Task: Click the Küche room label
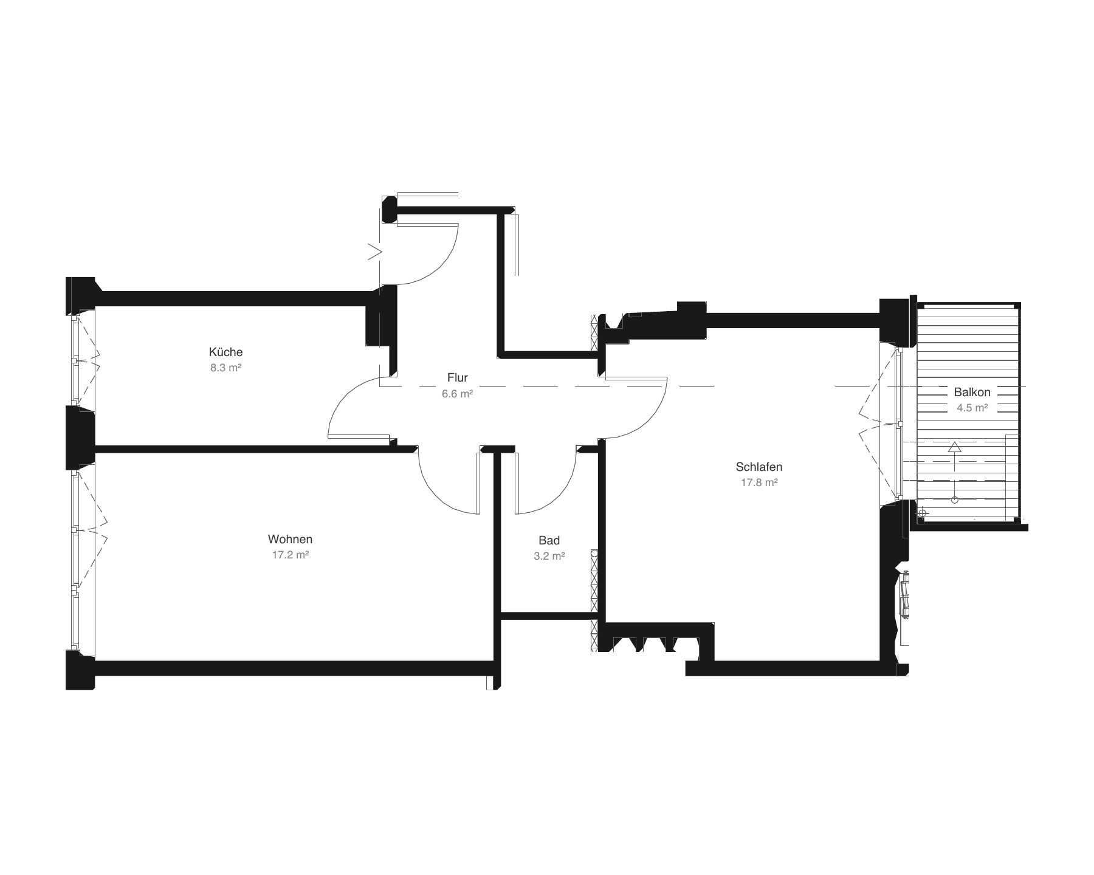[x=225, y=352]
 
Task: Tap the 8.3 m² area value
[x=226, y=368]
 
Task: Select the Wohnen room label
[x=291, y=539]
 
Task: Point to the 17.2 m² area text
[x=291, y=555]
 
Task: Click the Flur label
[x=458, y=378]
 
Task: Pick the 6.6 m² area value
[x=458, y=394]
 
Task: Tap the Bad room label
[x=549, y=540]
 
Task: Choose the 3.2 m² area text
[x=549, y=556]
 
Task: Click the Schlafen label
[x=759, y=467]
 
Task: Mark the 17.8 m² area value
[x=759, y=483]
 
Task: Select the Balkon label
[x=972, y=393]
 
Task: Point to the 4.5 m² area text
[x=972, y=408]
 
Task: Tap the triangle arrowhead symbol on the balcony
[x=954, y=448]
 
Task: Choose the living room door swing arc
[x=435, y=490]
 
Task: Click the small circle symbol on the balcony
[x=954, y=499]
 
